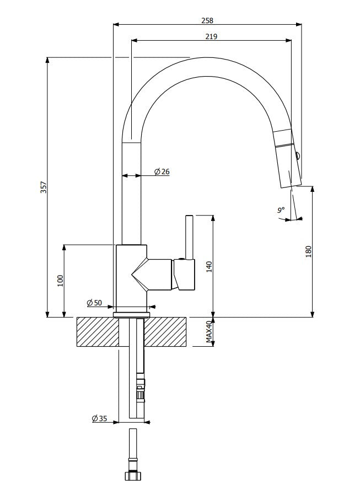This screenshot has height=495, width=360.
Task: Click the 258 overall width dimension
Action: click(x=207, y=20)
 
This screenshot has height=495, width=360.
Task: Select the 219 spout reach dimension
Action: click(x=211, y=36)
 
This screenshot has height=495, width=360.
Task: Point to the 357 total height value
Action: click(x=44, y=187)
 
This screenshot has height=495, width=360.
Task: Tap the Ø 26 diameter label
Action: click(x=162, y=171)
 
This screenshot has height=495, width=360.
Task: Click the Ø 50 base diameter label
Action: click(x=94, y=303)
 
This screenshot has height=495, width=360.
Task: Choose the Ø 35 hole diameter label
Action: click(x=99, y=418)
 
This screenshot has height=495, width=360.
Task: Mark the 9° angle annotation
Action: click(x=281, y=209)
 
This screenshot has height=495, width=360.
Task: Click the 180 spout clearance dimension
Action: click(x=309, y=251)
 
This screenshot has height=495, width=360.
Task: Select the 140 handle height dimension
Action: click(x=209, y=267)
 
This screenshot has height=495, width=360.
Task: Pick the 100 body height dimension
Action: click(x=60, y=281)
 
